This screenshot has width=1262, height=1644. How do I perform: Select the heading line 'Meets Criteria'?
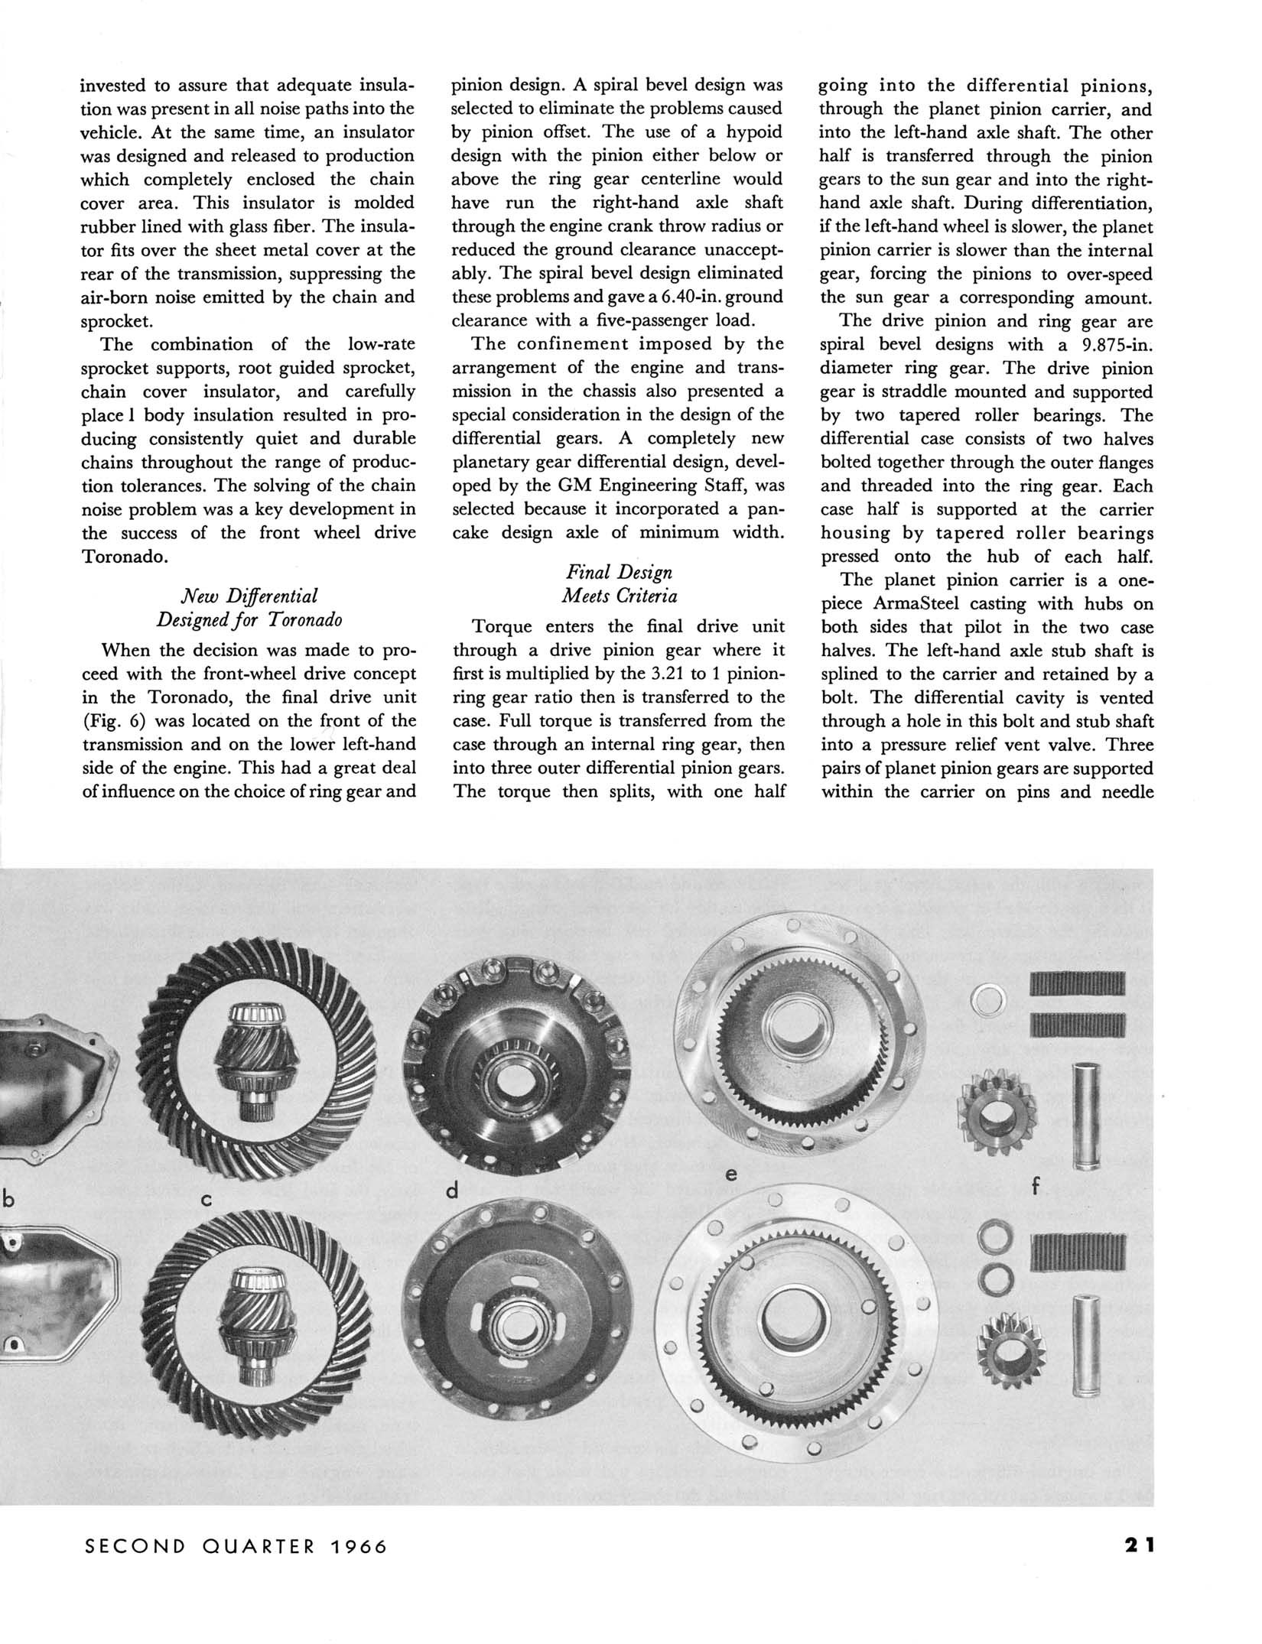click(620, 596)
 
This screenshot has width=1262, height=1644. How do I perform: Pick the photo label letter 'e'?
click(731, 1175)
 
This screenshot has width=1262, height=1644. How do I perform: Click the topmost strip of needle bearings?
click(1078, 984)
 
